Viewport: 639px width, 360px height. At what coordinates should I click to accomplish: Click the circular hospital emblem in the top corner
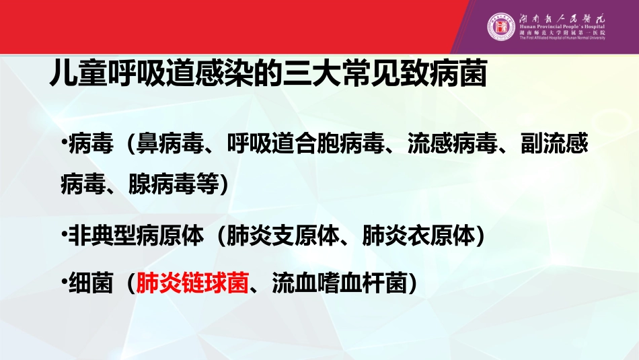pyautogui.click(x=501, y=28)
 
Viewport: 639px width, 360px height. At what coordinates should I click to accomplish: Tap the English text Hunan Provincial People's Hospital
pyautogui.click(x=562, y=26)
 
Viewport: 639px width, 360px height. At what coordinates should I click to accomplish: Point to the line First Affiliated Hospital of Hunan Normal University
pyautogui.click(x=562, y=38)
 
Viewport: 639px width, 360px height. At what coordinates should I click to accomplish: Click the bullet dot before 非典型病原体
pyautogui.click(x=63, y=234)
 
